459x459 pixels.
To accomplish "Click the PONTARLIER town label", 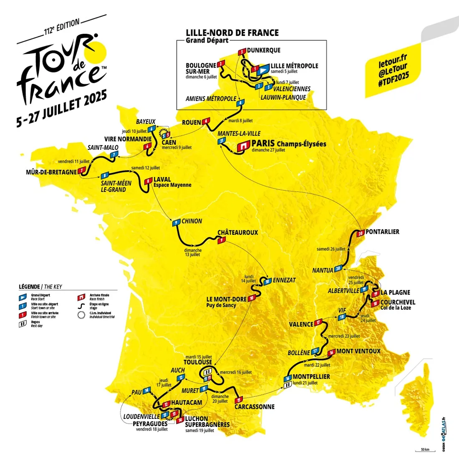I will pos(382,232).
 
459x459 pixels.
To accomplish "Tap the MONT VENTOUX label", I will pos(358,351).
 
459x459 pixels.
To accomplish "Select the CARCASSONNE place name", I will pos(255,406).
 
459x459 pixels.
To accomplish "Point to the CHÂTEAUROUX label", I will pos(237,232).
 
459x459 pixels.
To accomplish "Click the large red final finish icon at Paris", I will pos(242,146).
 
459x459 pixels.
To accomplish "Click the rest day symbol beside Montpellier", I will pos(287,386).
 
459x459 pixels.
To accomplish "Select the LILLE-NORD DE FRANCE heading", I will pos(232,33).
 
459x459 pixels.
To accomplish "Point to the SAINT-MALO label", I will pos(103,147).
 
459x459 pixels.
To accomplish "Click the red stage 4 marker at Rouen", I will pos(206,122).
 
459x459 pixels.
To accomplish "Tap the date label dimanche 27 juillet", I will pos(268,150).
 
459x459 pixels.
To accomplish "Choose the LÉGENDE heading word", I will pos(29,287).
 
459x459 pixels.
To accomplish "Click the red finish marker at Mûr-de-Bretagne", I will pos(82,170).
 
